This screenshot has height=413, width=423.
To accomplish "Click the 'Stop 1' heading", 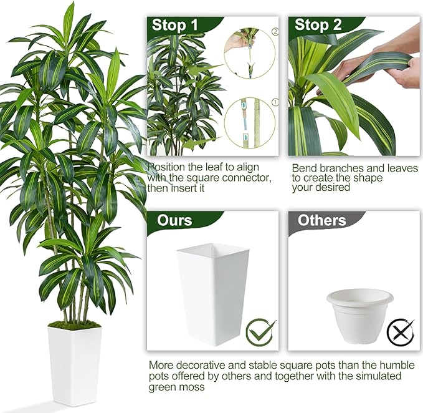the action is point(175,25).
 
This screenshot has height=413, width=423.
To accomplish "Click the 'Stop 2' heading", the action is point(318,25).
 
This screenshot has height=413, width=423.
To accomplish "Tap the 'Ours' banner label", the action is point(174,220).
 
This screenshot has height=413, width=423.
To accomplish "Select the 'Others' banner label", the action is point(322,220).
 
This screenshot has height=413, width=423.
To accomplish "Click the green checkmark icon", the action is point(260,333).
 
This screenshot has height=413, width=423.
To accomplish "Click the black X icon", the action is point(401,332).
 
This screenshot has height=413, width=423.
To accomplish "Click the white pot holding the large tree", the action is point(75,366).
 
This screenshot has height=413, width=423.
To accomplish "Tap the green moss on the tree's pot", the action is point(74,324).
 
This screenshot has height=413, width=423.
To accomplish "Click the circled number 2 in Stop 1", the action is point(275,32).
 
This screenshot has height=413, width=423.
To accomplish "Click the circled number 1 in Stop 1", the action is point(275,102).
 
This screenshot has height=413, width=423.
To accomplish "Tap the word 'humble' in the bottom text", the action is point(397,365).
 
